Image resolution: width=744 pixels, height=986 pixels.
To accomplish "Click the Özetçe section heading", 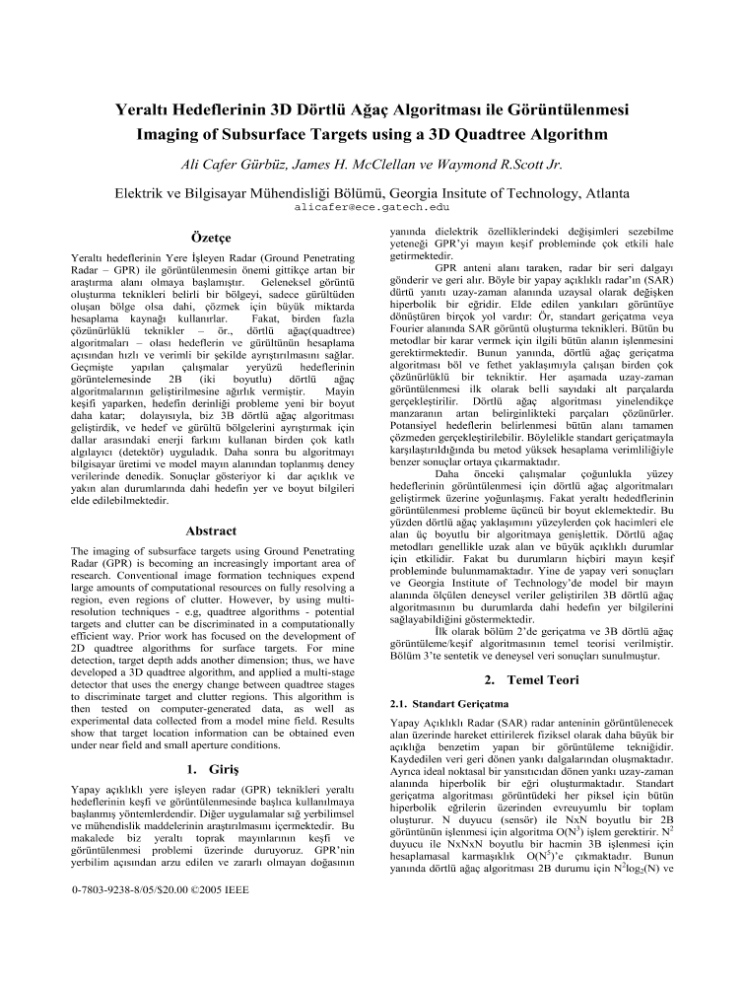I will pos(209,238).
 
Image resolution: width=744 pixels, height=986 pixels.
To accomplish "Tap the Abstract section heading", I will pos(210,530).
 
